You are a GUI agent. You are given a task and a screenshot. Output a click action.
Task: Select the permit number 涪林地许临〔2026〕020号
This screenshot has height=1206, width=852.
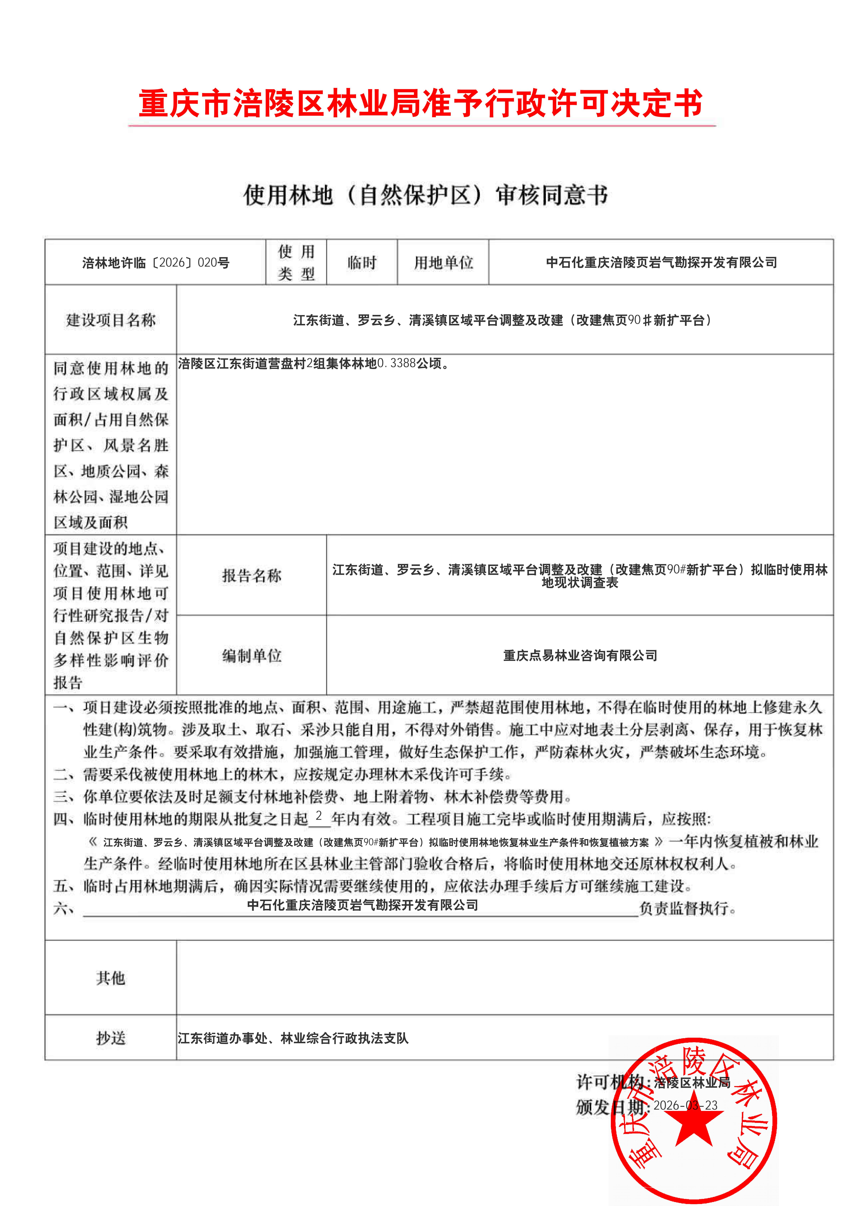pos(155,263)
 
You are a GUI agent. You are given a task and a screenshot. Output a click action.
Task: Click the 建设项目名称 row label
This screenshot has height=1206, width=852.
pos(111,320)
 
